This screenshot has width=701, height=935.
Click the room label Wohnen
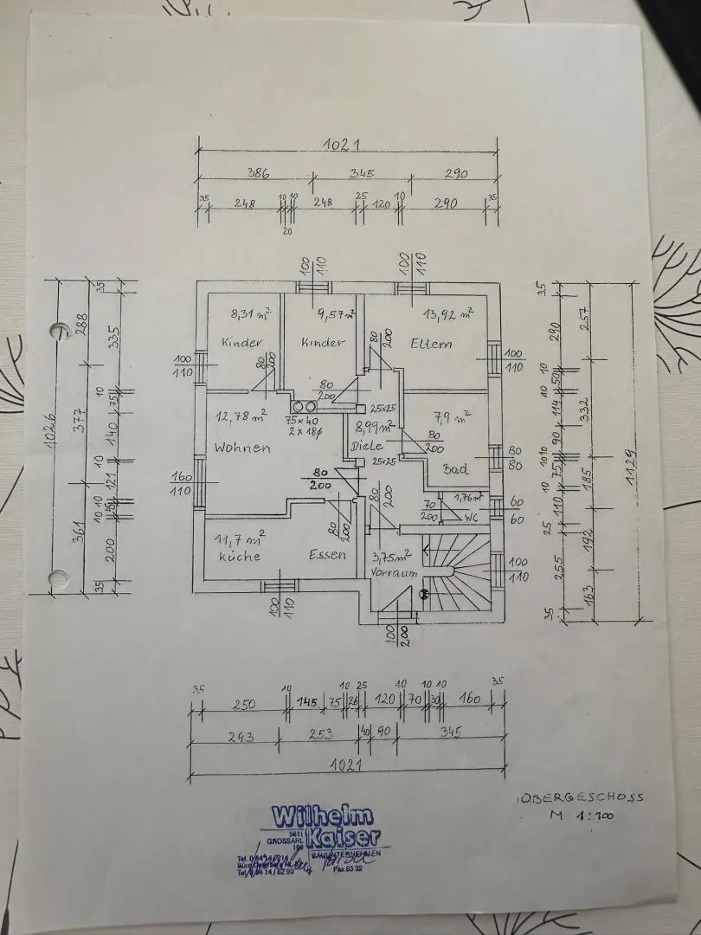[242, 448]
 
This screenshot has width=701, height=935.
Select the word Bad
[455, 469]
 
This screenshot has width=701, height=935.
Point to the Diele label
[367, 447]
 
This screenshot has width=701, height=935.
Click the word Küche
[239, 556]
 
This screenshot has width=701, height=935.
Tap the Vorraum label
[394, 573]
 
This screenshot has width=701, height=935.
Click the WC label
[472, 517]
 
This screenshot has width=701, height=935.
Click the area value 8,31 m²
[250, 314]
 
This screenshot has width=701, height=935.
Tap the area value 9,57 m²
[334, 315]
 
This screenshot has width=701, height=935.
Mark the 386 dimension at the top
[258, 174]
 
